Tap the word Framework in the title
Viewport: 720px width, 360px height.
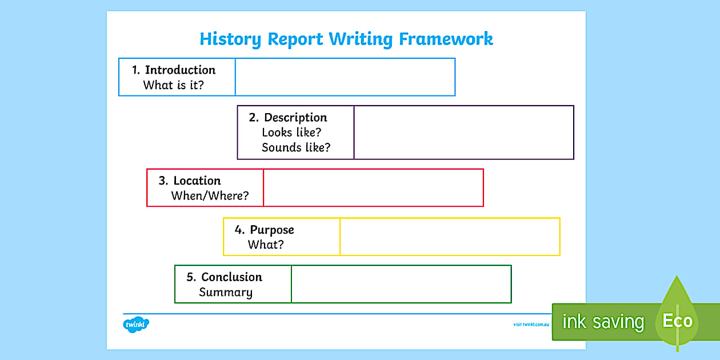(x=446, y=39)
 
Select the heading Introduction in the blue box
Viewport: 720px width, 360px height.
(x=180, y=70)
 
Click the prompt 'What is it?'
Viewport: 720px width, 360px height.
(x=173, y=85)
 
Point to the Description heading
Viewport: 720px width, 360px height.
(x=295, y=118)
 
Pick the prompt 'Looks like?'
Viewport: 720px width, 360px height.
(x=291, y=133)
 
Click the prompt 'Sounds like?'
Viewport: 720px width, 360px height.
(x=296, y=147)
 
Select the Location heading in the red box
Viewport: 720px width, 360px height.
(x=197, y=181)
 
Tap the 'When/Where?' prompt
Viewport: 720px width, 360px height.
(x=210, y=195)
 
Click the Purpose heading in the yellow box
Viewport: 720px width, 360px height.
(x=272, y=230)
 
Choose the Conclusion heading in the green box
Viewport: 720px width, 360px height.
(x=231, y=277)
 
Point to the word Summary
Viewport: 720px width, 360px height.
(x=225, y=293)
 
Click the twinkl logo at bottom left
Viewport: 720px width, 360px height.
(x=136, y=324)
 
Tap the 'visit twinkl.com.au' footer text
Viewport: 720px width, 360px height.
(x=531, y=325)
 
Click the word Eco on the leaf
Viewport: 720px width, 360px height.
(x=677, y=321)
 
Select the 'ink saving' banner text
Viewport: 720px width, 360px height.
(x=603, y=322)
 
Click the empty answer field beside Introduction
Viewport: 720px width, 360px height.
(x=345, y=77)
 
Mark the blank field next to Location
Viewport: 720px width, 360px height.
(x=373, y=187)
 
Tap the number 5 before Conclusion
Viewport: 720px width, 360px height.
(x=191, y=277)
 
